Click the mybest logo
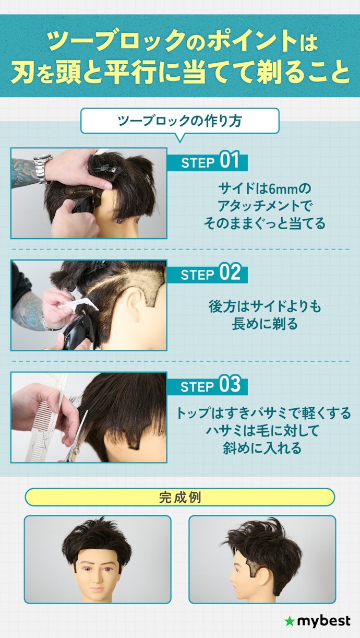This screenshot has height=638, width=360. (317, 621)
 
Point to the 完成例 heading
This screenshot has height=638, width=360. (180, 498)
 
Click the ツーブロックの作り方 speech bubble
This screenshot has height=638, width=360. (180, 121)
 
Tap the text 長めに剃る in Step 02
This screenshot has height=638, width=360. (265, 324)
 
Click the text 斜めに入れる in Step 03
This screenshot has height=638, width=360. (262, 448)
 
